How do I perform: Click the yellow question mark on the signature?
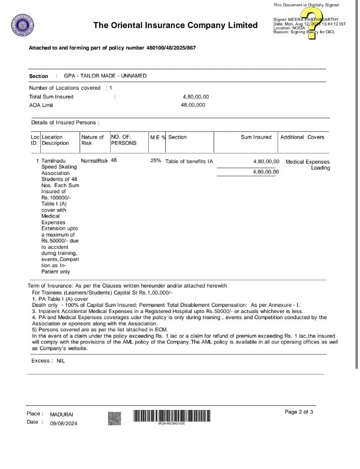[310, 23]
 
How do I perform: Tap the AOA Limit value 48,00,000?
[193, 105]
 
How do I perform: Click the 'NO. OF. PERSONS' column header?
[123, 140]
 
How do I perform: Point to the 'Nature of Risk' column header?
[92, 140]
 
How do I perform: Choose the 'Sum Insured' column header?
[256, 137]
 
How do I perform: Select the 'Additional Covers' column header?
[302, 137]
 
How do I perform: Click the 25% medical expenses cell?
[156, 161]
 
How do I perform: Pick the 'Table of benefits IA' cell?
[189, 162]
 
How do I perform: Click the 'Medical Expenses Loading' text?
[307, 165]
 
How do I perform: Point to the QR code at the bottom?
[115, 419]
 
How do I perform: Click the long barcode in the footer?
[171, 416]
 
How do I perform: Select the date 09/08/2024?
[64, 423]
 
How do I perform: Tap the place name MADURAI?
[62, 414]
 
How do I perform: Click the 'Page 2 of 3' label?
[299, 412]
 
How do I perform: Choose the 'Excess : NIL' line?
[48, 361]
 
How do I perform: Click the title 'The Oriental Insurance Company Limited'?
[175, 25]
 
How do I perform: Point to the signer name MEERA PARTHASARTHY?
[313, 19]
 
